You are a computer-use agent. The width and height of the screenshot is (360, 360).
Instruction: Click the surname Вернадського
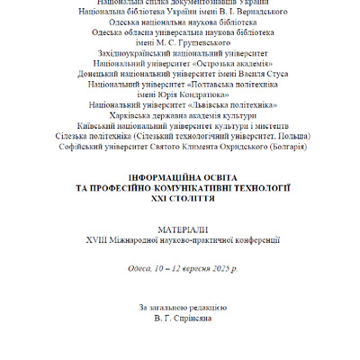pyautogui.click(x=260, y=13)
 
